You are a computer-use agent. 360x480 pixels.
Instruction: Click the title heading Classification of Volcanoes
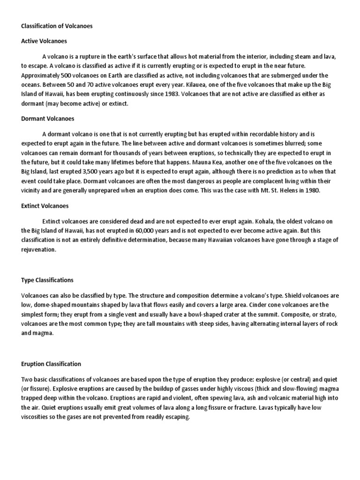(x=57, y=26)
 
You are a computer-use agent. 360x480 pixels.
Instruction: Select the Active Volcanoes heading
(x=44, y=41)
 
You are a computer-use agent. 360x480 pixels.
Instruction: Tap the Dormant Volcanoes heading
(x=48, y=119)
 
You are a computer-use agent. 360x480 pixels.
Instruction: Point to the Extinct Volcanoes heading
(x=45, y=205)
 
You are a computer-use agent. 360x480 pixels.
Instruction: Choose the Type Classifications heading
(x=47, y=280)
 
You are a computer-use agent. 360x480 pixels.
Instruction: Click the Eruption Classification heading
(x=51, y=364)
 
